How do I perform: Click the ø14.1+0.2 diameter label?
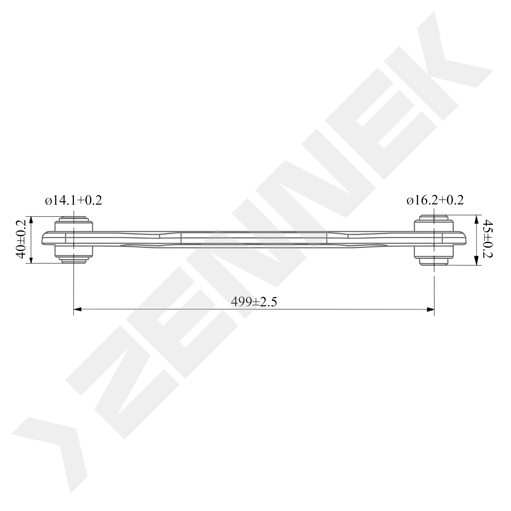pyautogui.click(x=74, y=200)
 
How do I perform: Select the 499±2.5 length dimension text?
pyautogui.click(x=254, y=302)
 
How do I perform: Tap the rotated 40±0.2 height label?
pyautogui.click(x=21, y=240)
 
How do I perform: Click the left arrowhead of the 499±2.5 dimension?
pyautogui.click(x=77, y=309)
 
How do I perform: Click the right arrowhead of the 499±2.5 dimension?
pyautogui.click(x=430, y=309)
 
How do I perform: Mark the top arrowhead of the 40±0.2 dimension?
pyautogui.click(x=31, y=220)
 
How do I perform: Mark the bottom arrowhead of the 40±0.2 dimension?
pyautogui.click(x=31, y=260)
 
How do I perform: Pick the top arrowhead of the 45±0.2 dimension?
pyautogui.click(x=476, y=219)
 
